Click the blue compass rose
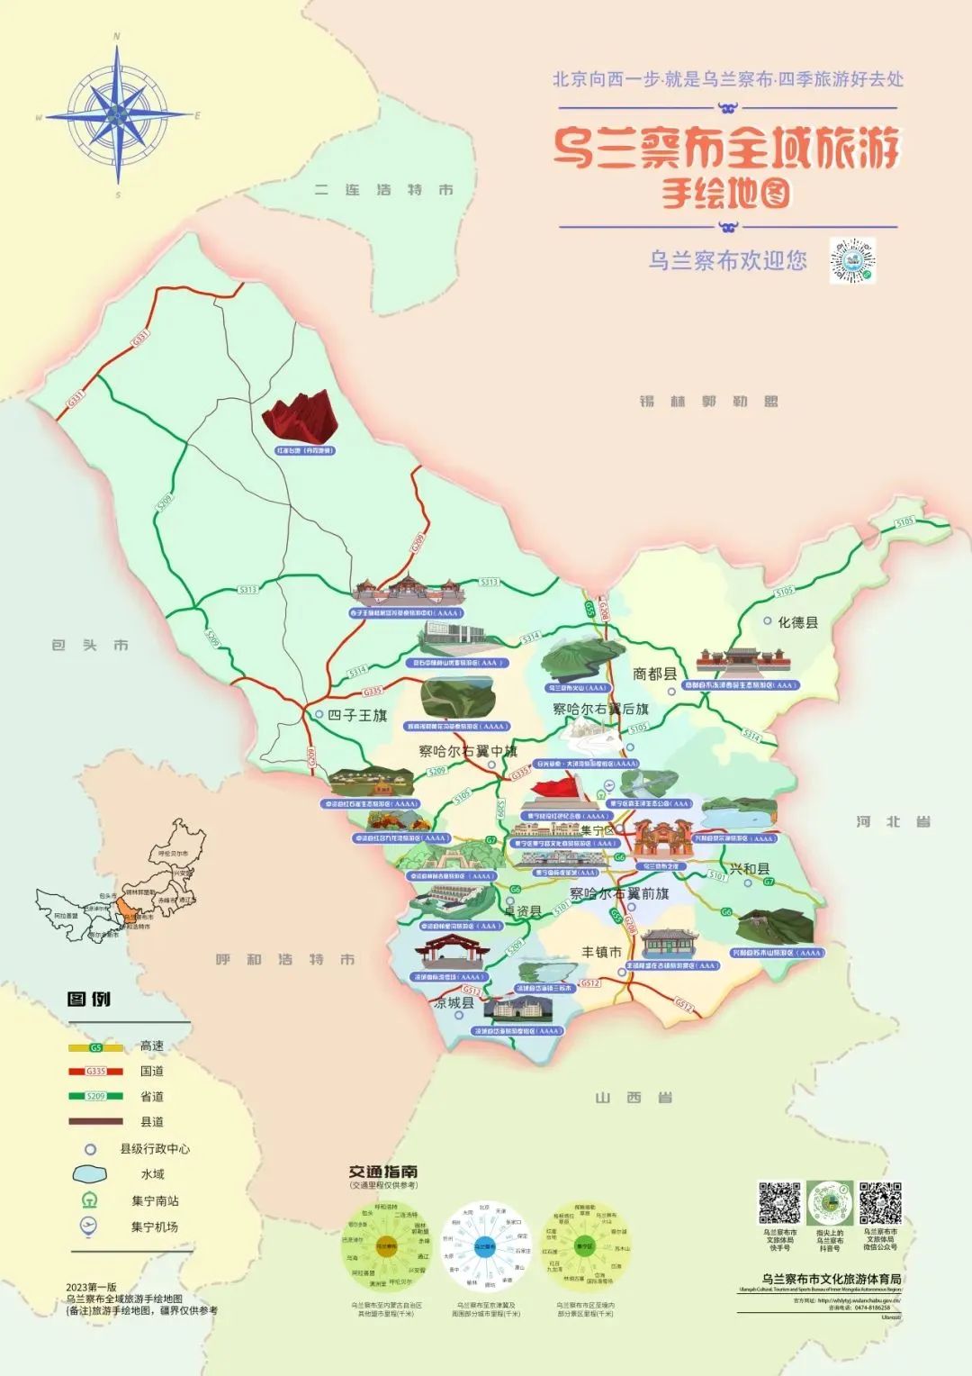coord(118,116)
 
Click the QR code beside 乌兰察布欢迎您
coord(851,261)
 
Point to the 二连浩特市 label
coord(384,190)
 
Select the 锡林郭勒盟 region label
coord(708,402)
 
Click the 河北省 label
coord(893,821)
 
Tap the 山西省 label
coord(634,1097)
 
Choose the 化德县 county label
coord(797,622)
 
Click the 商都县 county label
coord(654,674)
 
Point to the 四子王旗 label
coord(357,716)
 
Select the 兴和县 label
coord(750,869)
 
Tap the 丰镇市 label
coord(600,952)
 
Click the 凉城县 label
coord(453,1003)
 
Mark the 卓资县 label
coord(522,912)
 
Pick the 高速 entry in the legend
coord(151,1046)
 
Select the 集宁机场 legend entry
coord(154,1227)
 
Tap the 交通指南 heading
coord(383,1172)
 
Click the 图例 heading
coord(89,999)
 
